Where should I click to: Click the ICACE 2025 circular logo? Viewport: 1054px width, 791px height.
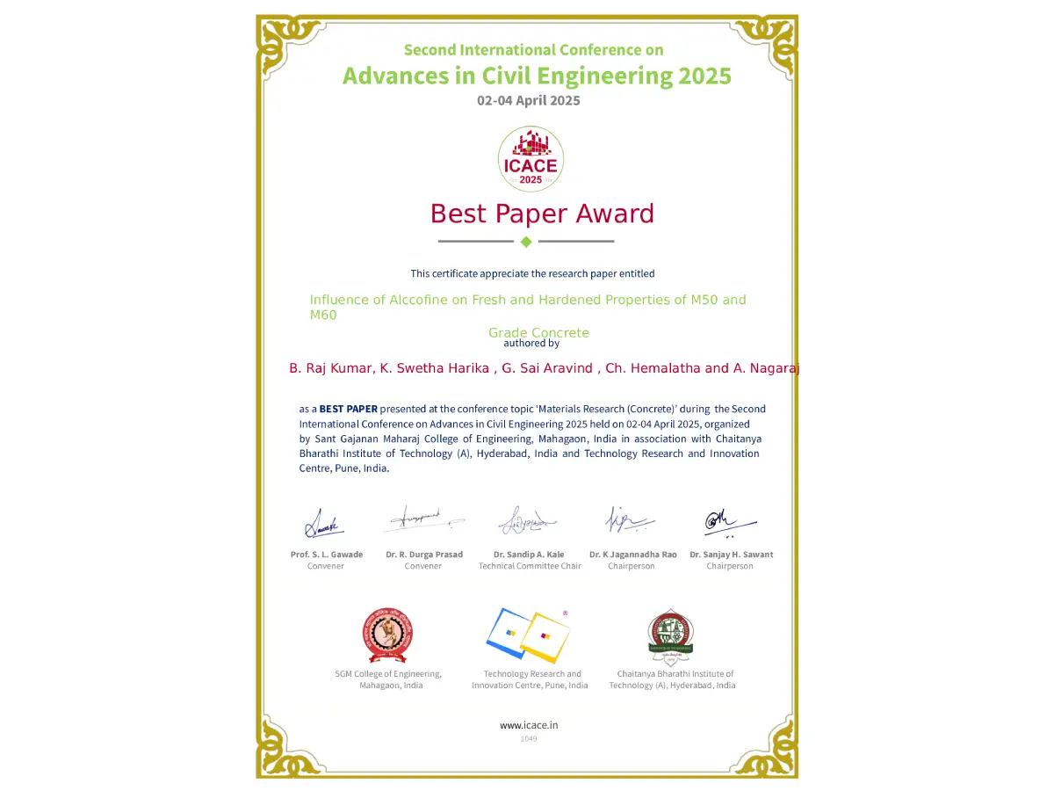pyautogui.click(x=531, y=159)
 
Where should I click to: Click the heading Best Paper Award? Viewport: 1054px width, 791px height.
pyautogui.click(x=542, y=214)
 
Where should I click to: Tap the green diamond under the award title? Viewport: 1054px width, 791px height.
pyautogui.click(x=526, y=242)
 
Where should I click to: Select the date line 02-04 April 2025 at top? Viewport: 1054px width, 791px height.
pyautogui.click(x=528, y=100)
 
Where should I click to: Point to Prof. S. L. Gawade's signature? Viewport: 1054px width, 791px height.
pyautogui.click(x=323, y=524)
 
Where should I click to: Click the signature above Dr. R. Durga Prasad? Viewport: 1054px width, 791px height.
pyautogui.click(x=424, y=519)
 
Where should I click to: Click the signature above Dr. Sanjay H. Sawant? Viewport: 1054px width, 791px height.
pyautogui.click(x=729, y=522)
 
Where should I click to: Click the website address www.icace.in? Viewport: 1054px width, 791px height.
pyautogui.click(x=529, y=725)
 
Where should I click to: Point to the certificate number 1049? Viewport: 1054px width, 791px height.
pyautogui.click(x=529, y=738)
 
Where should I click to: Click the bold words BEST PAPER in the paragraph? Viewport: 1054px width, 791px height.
pyautogui.click(x=348, y=409)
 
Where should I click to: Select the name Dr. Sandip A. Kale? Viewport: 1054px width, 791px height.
pyautogui.click(x=529, y=555)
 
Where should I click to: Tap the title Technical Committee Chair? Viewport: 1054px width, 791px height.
pyautogui.click(x=530, y=566)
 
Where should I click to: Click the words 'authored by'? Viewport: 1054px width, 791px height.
pyautogui.click(x=531, y=344)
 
